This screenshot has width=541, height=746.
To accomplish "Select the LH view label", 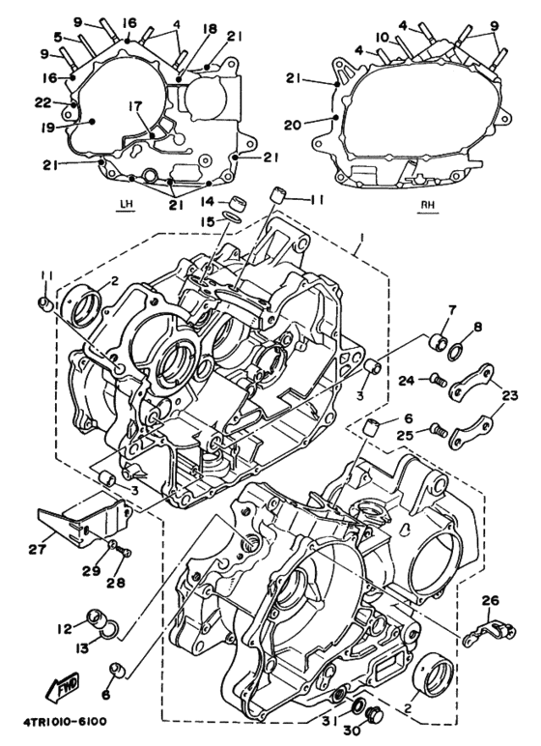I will point(123,204).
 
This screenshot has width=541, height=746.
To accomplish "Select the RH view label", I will point(428,204).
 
